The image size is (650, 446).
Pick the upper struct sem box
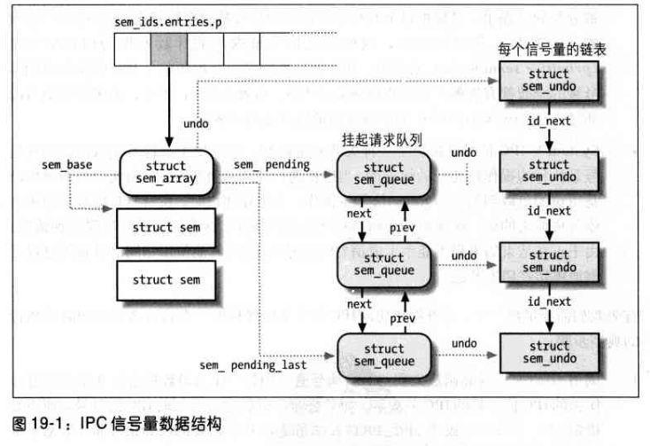click(166, 228)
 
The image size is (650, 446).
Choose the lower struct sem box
click(166, 280)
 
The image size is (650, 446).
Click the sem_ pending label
click(272, 165)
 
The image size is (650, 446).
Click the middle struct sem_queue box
click(383, 263)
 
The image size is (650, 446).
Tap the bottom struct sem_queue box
click(383, 355)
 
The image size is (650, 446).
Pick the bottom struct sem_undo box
click(549, 352)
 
